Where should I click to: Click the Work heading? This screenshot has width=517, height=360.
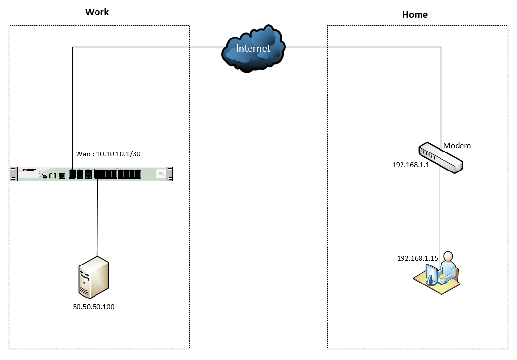(x=97, y=12)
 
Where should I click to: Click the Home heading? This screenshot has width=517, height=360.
(x=415, y=15)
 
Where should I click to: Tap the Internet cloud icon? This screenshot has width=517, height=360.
(x=253, y=48)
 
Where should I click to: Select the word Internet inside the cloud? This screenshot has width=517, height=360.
(x=253, y=48)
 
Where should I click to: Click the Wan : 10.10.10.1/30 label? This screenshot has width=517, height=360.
(x=108, y=154)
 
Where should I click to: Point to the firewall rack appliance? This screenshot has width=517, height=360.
(x=92, y=174)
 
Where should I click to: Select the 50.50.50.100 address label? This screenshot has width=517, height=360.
(x=94, y=307)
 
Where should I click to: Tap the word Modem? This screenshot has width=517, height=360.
(x=457, y=146)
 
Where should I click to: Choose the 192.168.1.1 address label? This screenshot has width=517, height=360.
(x=410, y=165)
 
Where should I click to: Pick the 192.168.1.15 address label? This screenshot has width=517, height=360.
(x=418, y=258)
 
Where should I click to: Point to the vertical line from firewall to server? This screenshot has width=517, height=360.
(x=97, y=217)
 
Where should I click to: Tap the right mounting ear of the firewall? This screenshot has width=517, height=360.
(x=169, y=174)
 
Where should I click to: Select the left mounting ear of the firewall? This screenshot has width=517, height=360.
(x=13, y=174)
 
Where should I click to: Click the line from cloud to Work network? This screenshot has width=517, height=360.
(x=146, y=47)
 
